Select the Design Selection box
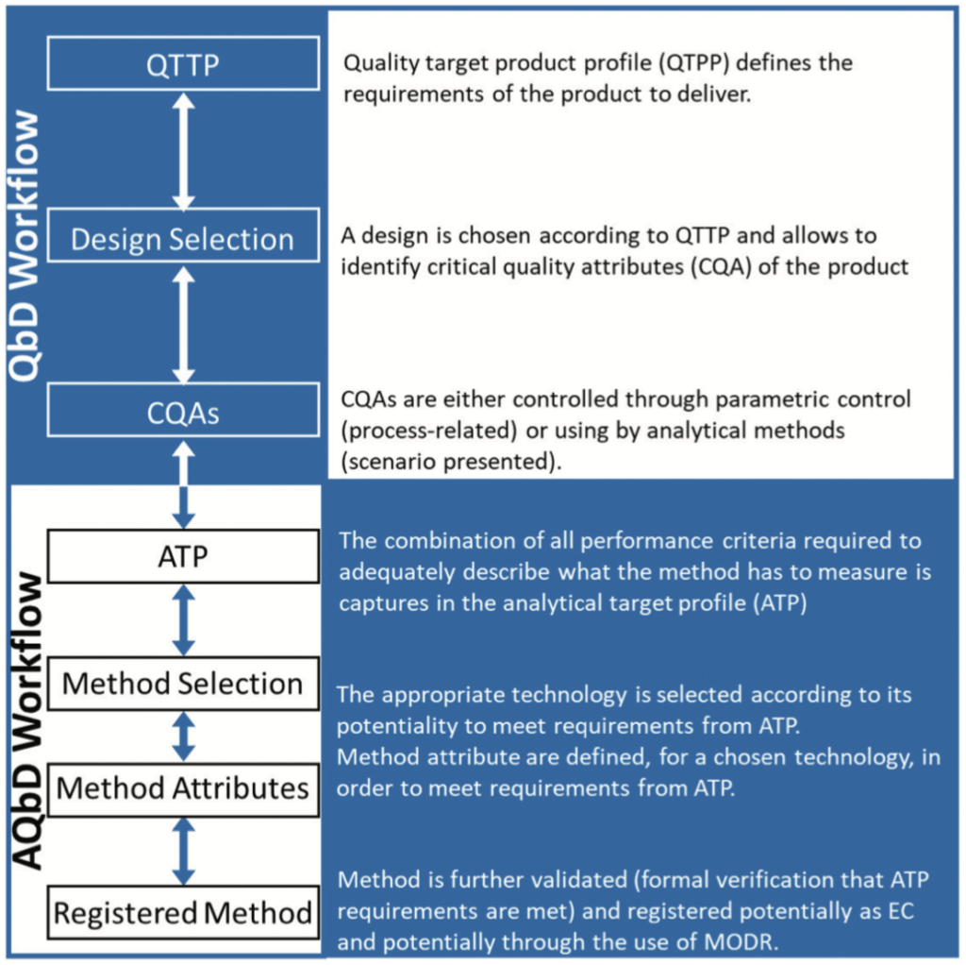click(x=183, y=238)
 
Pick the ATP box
click(x=183, y=556)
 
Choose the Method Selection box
click(x=183, y=683)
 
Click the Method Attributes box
click(x=183, y=787)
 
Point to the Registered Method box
click(x=183, y=912)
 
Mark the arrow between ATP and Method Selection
click(x=184, y=619)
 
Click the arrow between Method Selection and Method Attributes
click(x=184, y=735)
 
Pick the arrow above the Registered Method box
click(x=184, y=850)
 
